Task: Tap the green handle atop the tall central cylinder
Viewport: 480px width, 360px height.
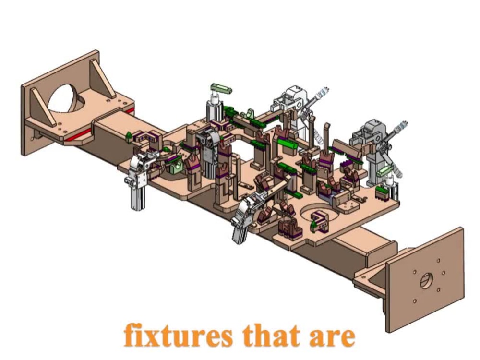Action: pos(221,89)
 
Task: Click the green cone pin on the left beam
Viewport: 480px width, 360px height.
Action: pos(129,136)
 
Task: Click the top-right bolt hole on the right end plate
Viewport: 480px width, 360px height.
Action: pos(439,261)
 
